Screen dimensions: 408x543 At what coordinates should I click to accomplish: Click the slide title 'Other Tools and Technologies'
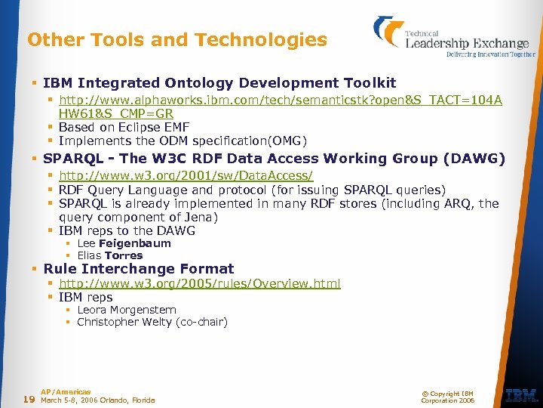[177, 40]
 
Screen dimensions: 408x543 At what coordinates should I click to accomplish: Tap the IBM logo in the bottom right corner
[521, 394]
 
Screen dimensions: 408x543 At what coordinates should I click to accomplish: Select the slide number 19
[28, 398]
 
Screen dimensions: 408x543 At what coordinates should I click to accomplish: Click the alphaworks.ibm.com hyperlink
[280, 107]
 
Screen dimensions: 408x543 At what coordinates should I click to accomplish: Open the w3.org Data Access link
[186, 176]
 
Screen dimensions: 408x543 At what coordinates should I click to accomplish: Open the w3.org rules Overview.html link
[199, 283]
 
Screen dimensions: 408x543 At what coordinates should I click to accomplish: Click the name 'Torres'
[123, 255]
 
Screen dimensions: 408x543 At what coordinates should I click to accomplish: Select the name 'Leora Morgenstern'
[126, 310]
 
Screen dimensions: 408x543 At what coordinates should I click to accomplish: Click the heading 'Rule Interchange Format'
[138, 269]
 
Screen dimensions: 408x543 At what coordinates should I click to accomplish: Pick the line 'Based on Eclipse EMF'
[124, 127]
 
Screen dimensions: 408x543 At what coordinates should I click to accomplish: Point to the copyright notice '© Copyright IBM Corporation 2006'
[447, 397]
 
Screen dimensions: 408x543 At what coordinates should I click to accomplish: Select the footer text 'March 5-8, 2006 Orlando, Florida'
[97, 400]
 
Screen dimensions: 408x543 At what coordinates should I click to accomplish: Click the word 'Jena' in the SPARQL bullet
[200, 217]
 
